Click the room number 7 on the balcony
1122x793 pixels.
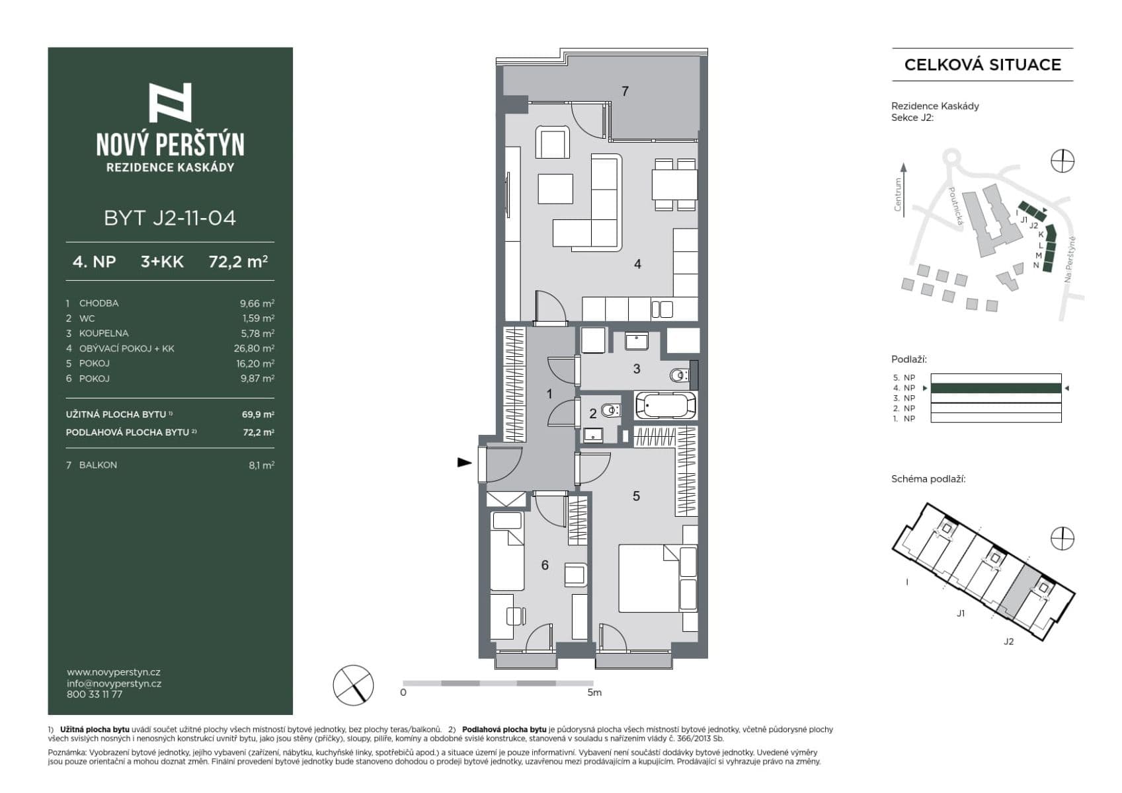625,91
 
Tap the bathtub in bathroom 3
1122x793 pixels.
665,405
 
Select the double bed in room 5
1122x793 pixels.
650,578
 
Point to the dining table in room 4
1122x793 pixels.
674,184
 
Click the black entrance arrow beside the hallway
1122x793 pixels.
465,463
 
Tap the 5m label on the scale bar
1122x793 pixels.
594,693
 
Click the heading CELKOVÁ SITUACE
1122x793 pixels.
982,65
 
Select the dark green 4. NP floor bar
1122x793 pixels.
995,388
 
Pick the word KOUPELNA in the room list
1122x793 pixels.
104,333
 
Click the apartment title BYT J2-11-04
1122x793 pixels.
170,218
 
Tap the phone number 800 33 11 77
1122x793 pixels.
95,695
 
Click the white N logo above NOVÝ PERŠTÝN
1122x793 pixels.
170,102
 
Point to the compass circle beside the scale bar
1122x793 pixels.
353,685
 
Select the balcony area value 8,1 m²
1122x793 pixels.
261,465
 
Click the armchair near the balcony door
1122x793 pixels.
552,142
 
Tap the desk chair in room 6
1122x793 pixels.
516,616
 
